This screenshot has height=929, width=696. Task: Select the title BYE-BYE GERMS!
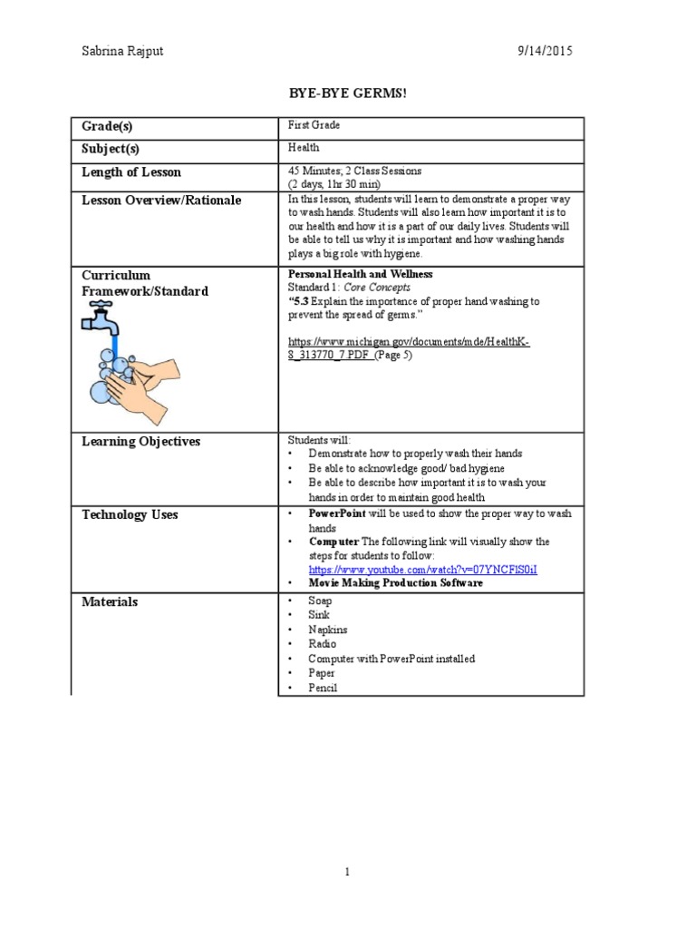coord(341,93)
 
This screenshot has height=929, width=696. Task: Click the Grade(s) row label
coord(113,127)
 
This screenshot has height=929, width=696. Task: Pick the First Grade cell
coord(314,125)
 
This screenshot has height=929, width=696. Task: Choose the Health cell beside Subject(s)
coord(304,147)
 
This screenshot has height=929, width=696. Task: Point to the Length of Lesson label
coord(131,172)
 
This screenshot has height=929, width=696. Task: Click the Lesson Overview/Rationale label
coord(161,200)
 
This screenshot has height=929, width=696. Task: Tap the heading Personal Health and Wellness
coord(360,274)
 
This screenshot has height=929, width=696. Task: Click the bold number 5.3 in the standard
coord(302,301)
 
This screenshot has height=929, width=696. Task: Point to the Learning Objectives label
coord(140,442)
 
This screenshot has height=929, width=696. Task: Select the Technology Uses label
coord(130,514)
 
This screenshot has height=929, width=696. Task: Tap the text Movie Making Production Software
coord(395,583)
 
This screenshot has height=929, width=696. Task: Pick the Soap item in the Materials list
coord(320,601)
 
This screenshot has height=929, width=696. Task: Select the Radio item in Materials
coord(322,644)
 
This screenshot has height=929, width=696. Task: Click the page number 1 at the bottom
coord(347,873)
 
